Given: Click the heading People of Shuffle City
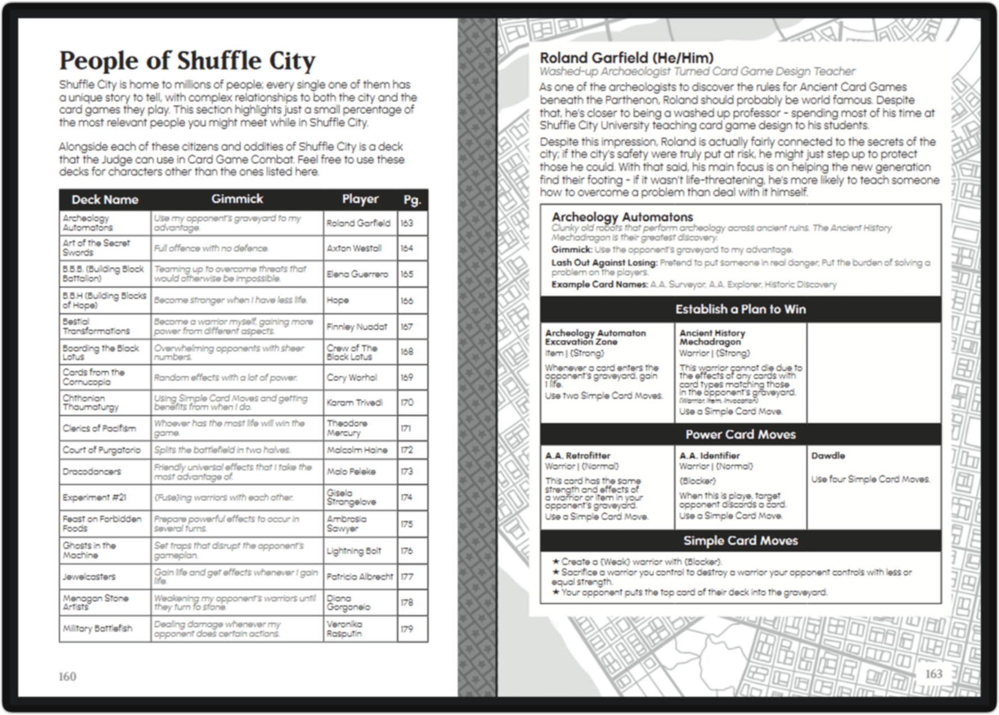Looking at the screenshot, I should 187,61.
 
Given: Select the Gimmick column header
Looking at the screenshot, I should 236,199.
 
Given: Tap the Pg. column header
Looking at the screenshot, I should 412,200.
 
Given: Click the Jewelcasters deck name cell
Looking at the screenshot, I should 89,576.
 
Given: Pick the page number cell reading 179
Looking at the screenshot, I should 407,629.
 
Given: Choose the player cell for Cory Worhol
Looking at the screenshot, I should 352,377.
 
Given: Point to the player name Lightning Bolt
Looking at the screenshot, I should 354,551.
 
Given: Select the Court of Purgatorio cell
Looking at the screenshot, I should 101,450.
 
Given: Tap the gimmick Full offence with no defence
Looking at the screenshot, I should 211,248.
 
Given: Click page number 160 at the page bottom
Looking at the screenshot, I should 67,676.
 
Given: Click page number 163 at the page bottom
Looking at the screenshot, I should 933,674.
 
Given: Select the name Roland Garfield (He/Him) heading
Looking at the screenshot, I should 626,58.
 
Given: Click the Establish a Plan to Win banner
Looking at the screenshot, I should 740,309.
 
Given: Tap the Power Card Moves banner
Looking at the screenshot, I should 740,435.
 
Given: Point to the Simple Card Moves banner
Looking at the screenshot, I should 740,541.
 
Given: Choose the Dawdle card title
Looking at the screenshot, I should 828,456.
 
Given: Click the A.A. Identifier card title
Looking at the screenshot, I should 709,456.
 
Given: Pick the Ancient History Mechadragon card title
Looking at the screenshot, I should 712,337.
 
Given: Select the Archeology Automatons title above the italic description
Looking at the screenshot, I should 622,217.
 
